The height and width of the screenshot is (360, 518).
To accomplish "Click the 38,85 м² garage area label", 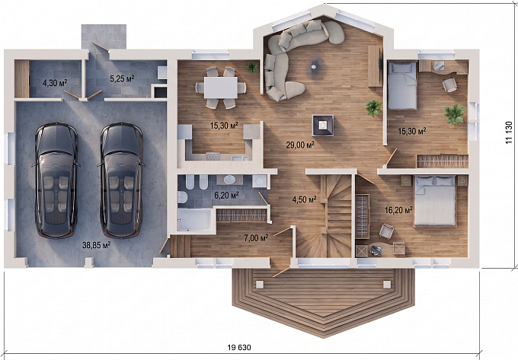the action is point(97,245).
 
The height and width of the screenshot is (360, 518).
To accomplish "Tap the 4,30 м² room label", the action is point(55,82).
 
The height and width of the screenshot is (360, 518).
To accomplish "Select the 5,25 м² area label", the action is point(122,78).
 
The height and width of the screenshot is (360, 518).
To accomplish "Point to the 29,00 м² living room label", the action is point(300,145).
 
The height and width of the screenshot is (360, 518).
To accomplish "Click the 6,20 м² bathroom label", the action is point(227,195).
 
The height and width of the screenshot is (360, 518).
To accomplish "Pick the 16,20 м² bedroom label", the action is point(398,210).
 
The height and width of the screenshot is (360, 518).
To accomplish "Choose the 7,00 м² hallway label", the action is point(256,237).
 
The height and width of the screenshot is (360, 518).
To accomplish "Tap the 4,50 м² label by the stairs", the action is point(304,199).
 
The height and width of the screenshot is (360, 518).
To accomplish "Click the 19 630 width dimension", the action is point(239,348).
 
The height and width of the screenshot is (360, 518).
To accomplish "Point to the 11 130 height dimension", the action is point(509,132).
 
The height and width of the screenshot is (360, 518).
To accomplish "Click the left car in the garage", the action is point(56,180).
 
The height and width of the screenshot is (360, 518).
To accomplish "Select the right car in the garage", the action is point(121,180).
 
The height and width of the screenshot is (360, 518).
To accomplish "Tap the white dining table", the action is point(220,88).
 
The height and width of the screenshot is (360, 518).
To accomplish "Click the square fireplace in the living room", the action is point(323,126).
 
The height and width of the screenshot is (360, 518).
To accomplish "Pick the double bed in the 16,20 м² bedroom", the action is point(436,201).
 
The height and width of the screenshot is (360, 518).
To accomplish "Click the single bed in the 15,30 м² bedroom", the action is point(402,85).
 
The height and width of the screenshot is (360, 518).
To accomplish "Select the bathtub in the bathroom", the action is point(195,219).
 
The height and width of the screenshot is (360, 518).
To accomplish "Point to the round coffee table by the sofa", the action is point(314,67).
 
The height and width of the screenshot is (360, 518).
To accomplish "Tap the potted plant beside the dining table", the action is point(252,67).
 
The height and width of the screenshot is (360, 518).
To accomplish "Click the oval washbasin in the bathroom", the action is point(229,180).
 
